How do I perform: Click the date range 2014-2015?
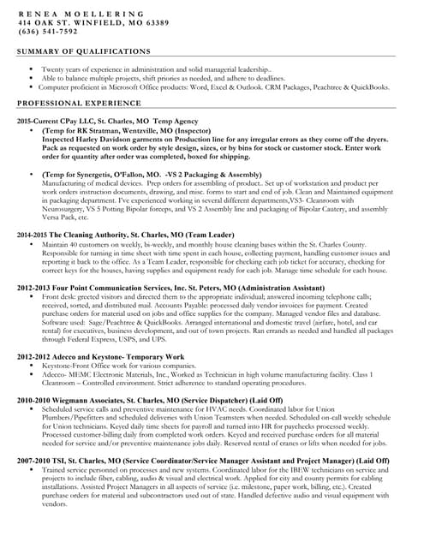[31, 233]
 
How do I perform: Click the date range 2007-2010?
[31, 461]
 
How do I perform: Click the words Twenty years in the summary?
[65, 68]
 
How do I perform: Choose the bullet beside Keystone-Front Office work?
[32, 366]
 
